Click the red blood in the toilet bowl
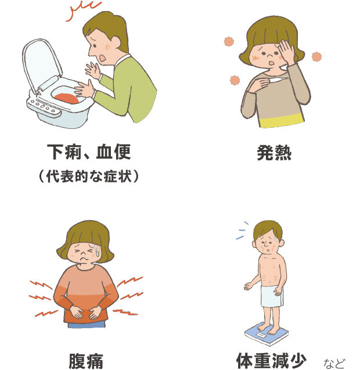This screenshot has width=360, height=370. coord(67,98)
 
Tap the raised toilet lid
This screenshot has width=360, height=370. coord(41,64)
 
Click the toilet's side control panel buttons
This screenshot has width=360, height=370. coord(44,107)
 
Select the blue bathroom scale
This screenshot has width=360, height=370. coord(267,333)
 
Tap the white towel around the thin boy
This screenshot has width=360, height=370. coord(272,296)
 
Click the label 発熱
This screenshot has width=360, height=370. coord(274,153)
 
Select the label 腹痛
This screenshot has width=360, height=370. coord(86,361)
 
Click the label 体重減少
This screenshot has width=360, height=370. coord(271,360)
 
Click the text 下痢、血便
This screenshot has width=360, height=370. coord(89,152)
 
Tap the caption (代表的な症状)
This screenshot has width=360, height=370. coord(89,176)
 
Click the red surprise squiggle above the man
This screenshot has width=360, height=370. coord(83,10)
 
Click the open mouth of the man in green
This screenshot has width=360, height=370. coord(102,58)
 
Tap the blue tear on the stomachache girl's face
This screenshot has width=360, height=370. coord(97,251)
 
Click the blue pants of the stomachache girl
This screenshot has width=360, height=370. coord(87,325)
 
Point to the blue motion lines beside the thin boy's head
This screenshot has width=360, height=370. coord(242,231)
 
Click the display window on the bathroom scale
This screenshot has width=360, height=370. coord(261,335)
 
